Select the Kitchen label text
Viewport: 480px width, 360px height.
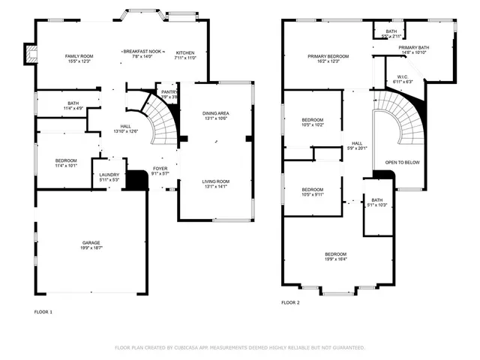coord(184,52)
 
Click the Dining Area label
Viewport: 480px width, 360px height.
coord(216,113)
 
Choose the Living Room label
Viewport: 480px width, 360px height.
coord(216,181)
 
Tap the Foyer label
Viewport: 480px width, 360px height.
coord(160,168)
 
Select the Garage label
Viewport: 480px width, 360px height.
coord(91,242)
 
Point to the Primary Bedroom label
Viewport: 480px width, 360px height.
coord(328,56)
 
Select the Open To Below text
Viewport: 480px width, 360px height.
coord(402,162)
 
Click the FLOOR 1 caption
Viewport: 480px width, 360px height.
coord(43,311)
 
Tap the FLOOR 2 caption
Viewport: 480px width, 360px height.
coord(290,302)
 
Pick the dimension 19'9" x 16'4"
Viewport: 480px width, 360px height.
coord(335,259)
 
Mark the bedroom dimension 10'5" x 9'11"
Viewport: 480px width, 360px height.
coord(312,193)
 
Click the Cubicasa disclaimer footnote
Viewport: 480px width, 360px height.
coord(239,347)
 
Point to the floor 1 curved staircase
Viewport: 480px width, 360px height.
coord(159,120)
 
